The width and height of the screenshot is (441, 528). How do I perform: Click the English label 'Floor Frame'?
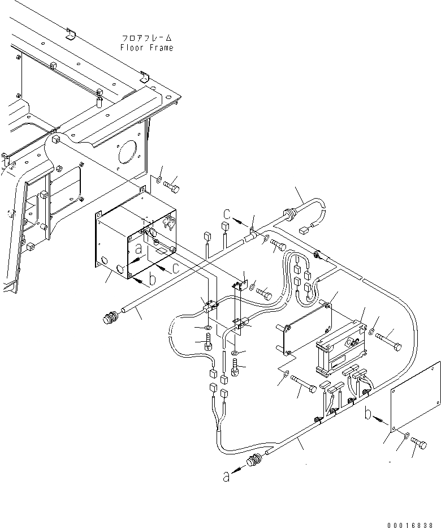pyautogui.click(x=146, y=48)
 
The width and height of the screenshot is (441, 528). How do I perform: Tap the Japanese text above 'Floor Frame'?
pyautogui.click(x=146, y=38)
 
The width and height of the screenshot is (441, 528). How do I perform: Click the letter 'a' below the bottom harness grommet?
pyautogui.click(x=226, y=477)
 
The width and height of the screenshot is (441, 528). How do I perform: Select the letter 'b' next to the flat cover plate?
pyautogui.click(x=369, y=414)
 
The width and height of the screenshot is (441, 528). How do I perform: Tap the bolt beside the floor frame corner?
pyautogui.click(x=172, y=185)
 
